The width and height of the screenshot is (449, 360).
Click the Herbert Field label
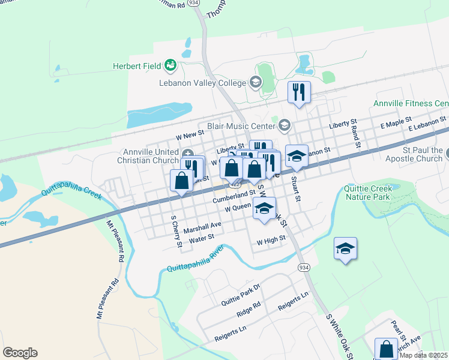point(137,65)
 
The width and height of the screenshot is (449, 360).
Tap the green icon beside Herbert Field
point(170,65)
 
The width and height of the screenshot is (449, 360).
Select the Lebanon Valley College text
point(202,83)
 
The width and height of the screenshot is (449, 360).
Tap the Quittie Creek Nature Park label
point(368,192)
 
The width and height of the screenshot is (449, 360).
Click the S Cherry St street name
point(176,232)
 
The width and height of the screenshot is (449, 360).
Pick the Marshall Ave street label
point(202,227)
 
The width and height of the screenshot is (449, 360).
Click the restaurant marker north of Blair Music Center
point(298,92)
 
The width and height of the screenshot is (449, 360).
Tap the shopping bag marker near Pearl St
point(385,349)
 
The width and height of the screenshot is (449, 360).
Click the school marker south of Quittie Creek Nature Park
point(345,248)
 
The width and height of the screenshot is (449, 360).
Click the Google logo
point(20,353)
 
